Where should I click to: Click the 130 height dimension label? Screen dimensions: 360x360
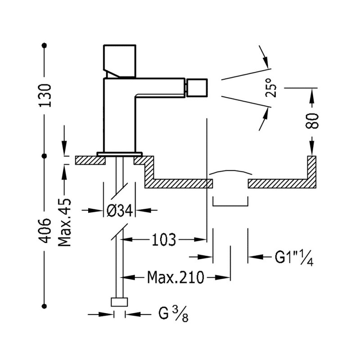coord(45,95)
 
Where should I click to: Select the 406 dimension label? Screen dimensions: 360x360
coord(45,230)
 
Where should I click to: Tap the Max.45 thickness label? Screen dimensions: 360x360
coord(64,222)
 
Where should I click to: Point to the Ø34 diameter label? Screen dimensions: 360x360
coord(120,210)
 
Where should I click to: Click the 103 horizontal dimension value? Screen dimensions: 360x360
coord(164,239)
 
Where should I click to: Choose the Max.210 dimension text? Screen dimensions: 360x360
coord(175,277)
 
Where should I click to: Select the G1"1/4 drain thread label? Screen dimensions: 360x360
coord(294,257)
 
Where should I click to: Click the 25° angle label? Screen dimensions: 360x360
coord(271,88)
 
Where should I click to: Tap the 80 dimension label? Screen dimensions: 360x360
coord(312,121)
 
